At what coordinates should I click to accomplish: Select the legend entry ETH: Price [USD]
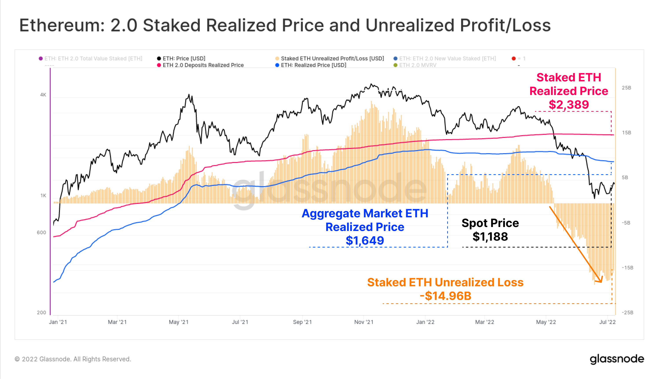tap(184, 59)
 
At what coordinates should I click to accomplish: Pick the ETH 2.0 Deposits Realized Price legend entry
tap(203, 65)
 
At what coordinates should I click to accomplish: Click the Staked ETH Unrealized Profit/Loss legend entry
tap(332, 59)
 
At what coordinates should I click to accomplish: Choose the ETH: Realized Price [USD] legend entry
tap(313, 65)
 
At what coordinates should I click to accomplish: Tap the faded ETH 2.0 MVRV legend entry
tap(418, 65)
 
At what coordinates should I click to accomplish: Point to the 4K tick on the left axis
tap(43, 95)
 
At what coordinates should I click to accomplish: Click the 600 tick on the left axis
tap(41, 233)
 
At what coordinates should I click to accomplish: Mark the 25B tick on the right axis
tap(626, 88)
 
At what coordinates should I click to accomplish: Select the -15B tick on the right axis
tap(627, 268)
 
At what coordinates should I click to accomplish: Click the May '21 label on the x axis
tap(179, 322)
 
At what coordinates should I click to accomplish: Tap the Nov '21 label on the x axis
tap(364, 322)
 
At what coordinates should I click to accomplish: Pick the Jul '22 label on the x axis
tap(607, 322)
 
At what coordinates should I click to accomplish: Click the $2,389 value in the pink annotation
tap(569, 105)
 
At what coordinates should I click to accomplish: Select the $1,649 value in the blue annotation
tap(365, 240)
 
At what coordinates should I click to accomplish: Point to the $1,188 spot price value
tap(490, 237)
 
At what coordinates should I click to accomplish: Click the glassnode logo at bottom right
tap(617, 359)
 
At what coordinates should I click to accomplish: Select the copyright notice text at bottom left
tap(73, 359)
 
